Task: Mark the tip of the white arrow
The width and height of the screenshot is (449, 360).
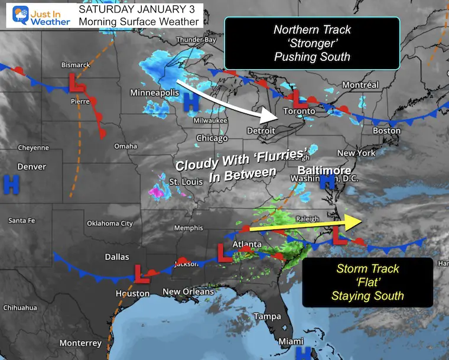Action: [275, 116]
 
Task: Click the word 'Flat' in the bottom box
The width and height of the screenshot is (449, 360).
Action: [367, 283]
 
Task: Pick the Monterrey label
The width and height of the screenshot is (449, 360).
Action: [80, 343]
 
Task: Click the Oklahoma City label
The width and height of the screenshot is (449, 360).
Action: [110, 223]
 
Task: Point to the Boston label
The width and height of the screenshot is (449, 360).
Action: [386, 130]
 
